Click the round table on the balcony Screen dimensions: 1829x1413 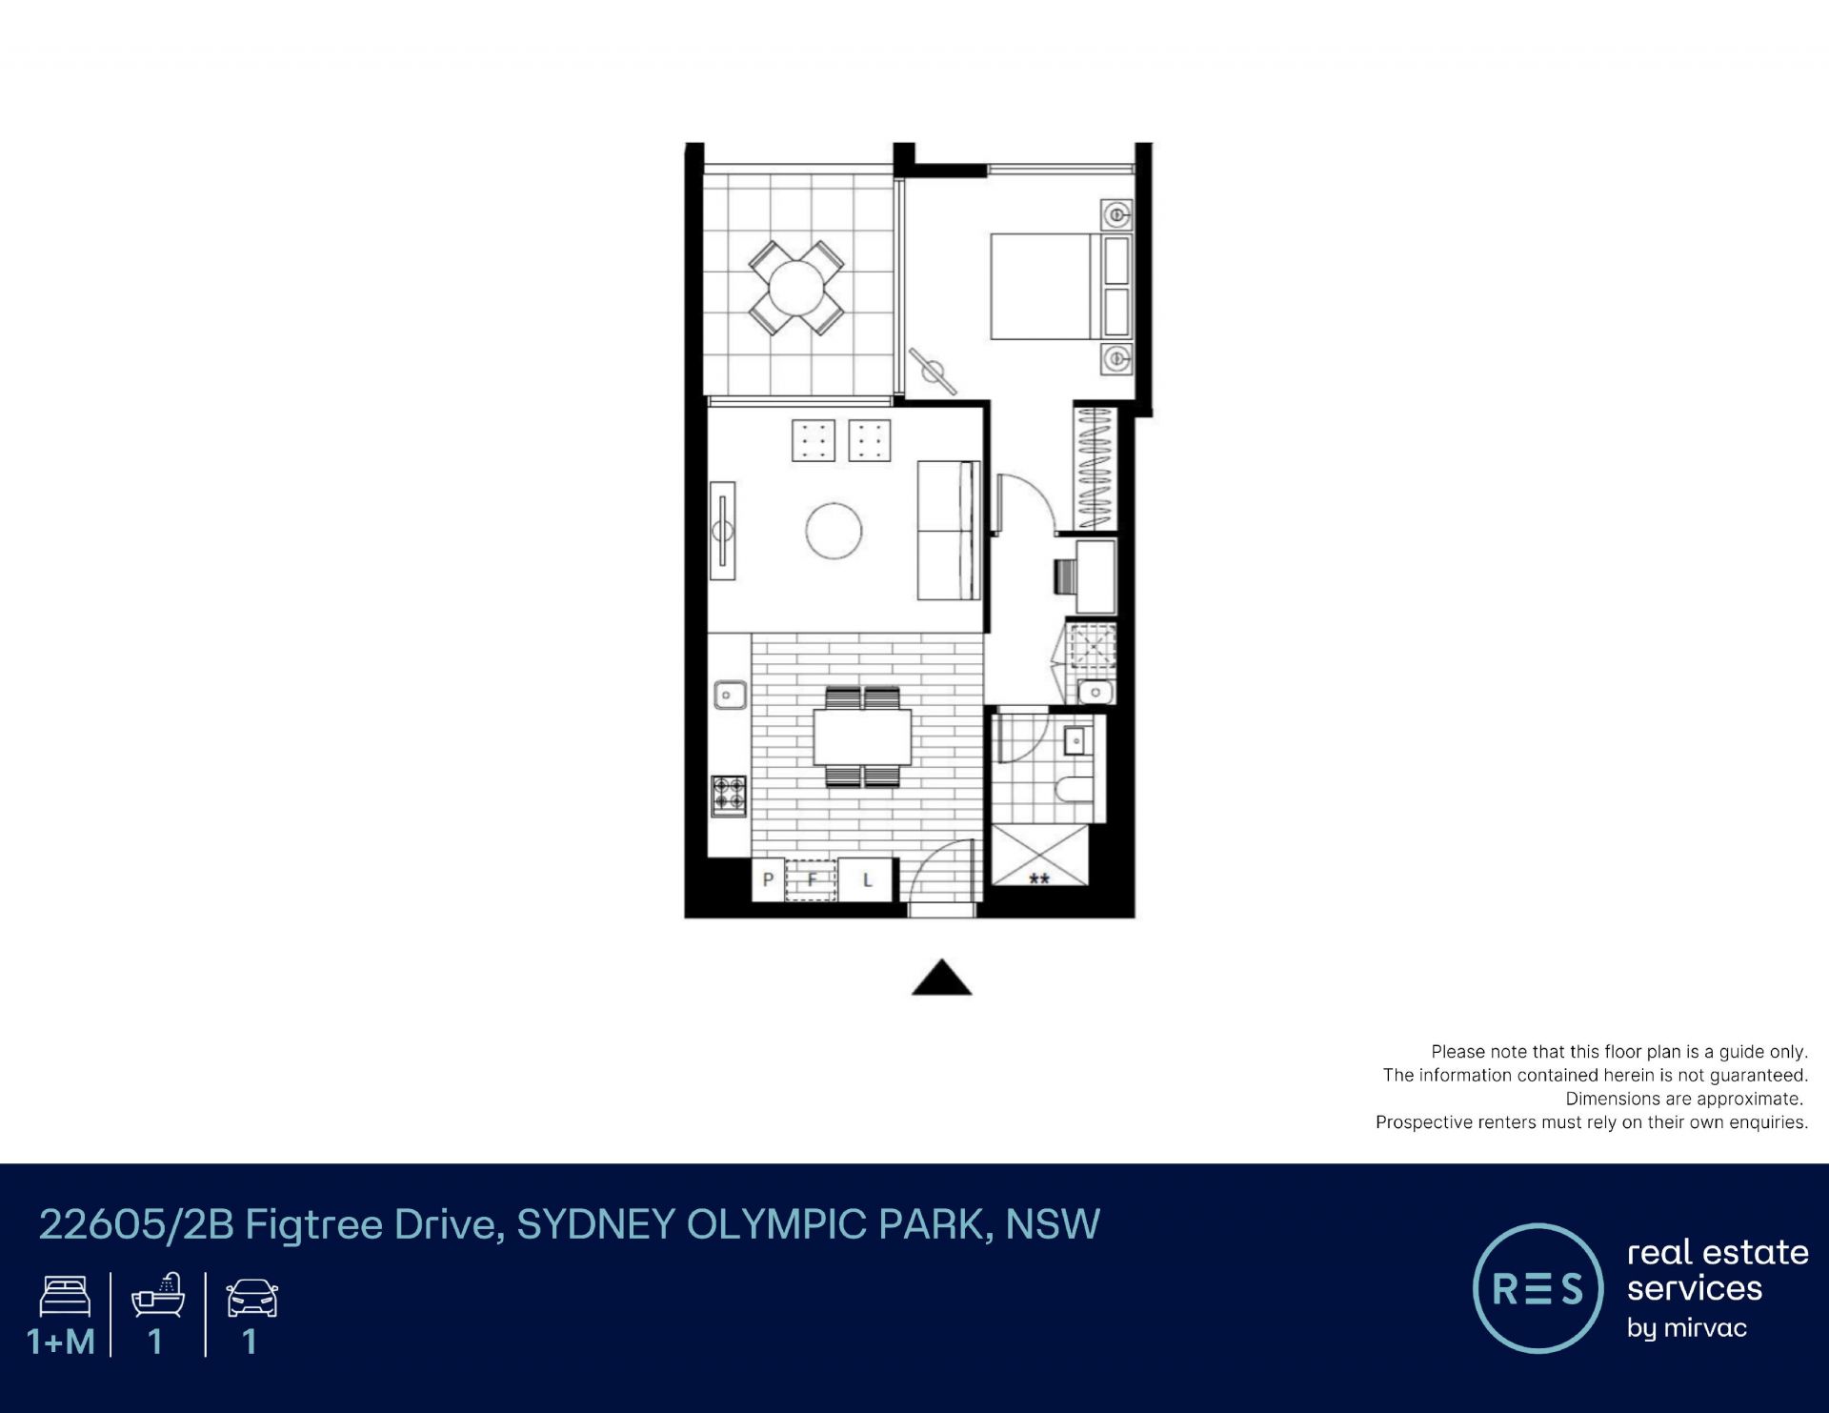coord(796,287)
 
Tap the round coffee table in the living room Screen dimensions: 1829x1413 coord(834,531)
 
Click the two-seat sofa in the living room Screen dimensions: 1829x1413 coord(949,530)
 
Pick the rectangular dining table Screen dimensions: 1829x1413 coord(862,737)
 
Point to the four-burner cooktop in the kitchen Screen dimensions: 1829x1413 coord(729,795)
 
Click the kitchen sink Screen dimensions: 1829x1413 coord(731,695)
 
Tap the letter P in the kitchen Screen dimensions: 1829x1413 coord(768,880)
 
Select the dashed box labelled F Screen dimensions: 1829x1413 coord(811,879)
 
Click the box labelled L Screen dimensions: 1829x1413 coord(867,879)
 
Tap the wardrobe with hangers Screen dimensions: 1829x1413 coord(1095,468)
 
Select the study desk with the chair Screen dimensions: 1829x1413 coord(1086,576)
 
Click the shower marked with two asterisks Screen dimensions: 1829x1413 coord(1039,855)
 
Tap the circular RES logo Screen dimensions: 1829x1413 coord(1538,1288)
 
